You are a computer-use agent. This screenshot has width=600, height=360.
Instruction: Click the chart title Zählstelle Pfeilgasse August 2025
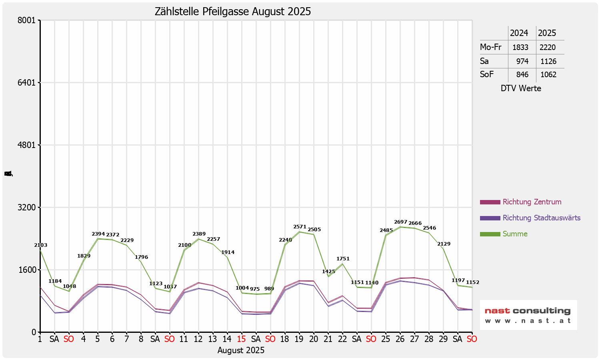click(233, 12)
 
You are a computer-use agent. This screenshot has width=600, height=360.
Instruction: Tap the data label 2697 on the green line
click(400, 222)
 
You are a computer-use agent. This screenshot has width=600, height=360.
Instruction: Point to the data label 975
click(255, 289)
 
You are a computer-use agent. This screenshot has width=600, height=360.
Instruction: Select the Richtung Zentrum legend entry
click(532, 202)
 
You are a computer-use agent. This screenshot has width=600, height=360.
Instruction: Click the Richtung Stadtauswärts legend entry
click(541, 218)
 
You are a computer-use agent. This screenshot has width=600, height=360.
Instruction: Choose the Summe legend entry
click(515, 234)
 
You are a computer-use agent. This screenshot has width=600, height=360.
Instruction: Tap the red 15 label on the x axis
click(241, 339)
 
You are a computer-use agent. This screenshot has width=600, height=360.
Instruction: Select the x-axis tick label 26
click(400, 339)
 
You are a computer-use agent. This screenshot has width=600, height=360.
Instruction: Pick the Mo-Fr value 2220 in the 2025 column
click(548, 47)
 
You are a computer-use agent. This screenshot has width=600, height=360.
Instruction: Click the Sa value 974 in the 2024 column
click(522, 61)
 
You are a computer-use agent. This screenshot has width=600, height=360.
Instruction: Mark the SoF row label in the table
click(487, 74)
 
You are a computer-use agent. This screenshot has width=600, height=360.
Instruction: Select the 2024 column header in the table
click(519, 33)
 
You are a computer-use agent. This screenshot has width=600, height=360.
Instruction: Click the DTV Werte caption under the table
click(521, 88)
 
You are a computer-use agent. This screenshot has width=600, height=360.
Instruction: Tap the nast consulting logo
click(528, 315)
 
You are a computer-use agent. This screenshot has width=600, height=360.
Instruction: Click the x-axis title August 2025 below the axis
click(241, 350)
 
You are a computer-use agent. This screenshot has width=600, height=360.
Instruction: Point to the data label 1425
click(328, 272)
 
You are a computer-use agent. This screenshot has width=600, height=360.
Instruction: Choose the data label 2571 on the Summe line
click(300, 227)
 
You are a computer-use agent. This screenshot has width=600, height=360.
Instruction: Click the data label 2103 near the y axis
click(41, 245)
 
